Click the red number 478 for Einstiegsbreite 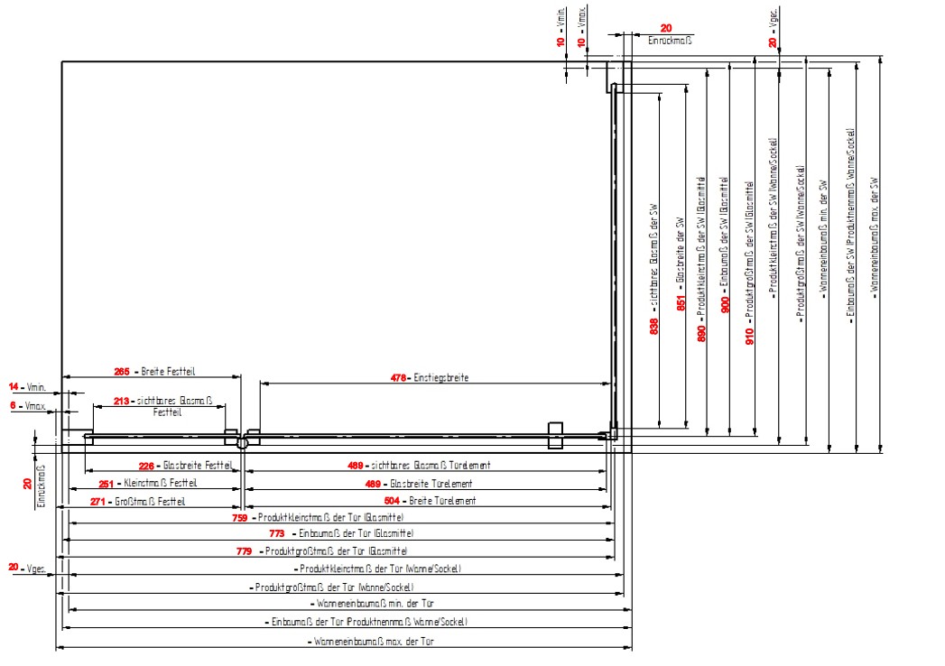click(398, 378)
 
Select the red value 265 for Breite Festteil click(123, 371)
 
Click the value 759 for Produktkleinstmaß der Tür click(240, 518)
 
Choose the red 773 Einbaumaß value click(278, 534)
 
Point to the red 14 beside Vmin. click(14, 386)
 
